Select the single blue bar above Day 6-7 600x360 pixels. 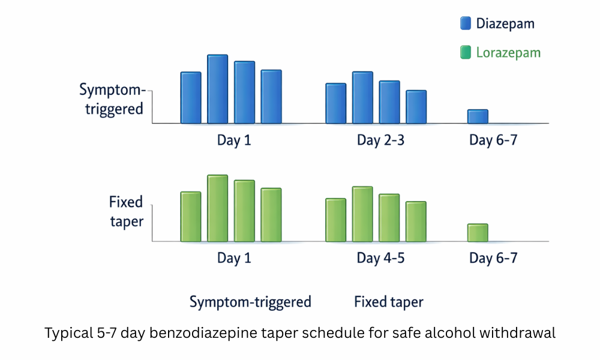pyautogui.click(x=478, y=116)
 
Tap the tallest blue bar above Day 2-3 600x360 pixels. pyautogui.click(x=362, y=97)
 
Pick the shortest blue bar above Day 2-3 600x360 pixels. pyautogui.click(x=416, y=107)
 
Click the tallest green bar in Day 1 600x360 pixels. pyautogui.click(x=217, y=208)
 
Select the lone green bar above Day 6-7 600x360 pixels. pyautogui.click(x=478, y=232)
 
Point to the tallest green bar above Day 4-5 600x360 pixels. pyautogui.click(x=362, y=214)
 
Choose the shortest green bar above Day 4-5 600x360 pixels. pyautogui.click(x=416, y=221)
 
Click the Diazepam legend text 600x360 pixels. pyautogui.click(x=505, y=24)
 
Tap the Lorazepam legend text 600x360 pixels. pyautogui.click(x=508, y=53)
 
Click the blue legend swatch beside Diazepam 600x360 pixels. pyautogui.click(x=465, y=23)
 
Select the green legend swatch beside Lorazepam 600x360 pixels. pyautogui.click(x=465, y=53)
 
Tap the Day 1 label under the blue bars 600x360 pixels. pyautogui.click(x=234, y=140)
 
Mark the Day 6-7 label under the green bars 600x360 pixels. pyautogui.click(x=493, y=259)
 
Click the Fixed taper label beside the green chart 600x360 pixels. pyautogui.click(x=126, y=212)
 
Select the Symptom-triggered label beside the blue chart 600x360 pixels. pyautogui.click(x=113, y=100)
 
